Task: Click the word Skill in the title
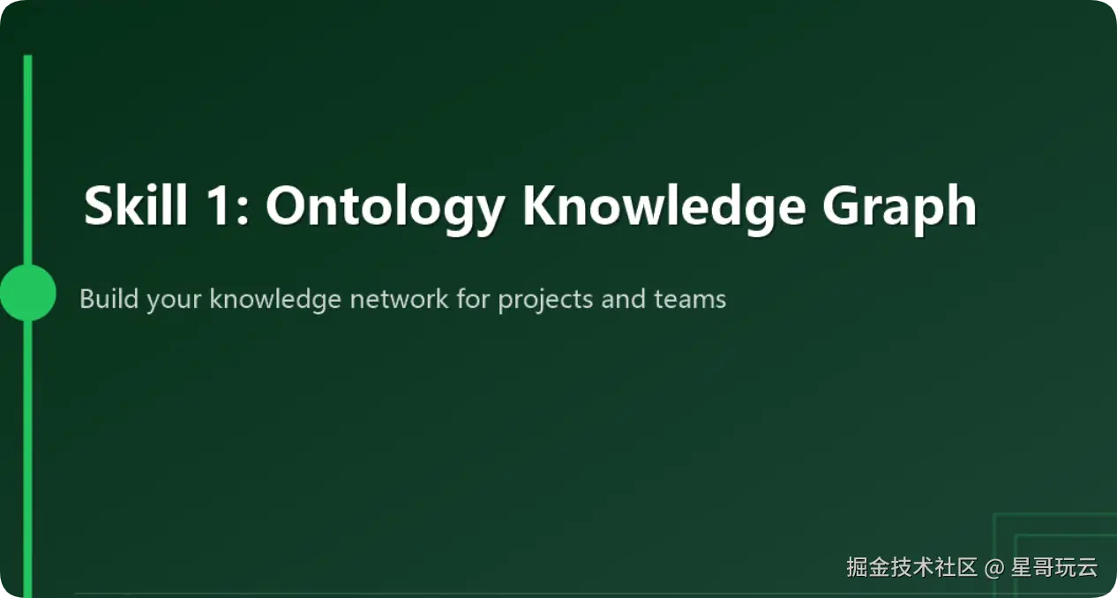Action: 136,205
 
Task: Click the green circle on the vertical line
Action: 28,293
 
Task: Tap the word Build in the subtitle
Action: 109,298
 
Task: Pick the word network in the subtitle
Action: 399,298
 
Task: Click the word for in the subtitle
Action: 473,298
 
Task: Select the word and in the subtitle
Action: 623,298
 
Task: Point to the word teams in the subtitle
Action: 690,300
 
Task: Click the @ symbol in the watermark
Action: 994,568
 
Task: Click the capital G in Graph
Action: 843,205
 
